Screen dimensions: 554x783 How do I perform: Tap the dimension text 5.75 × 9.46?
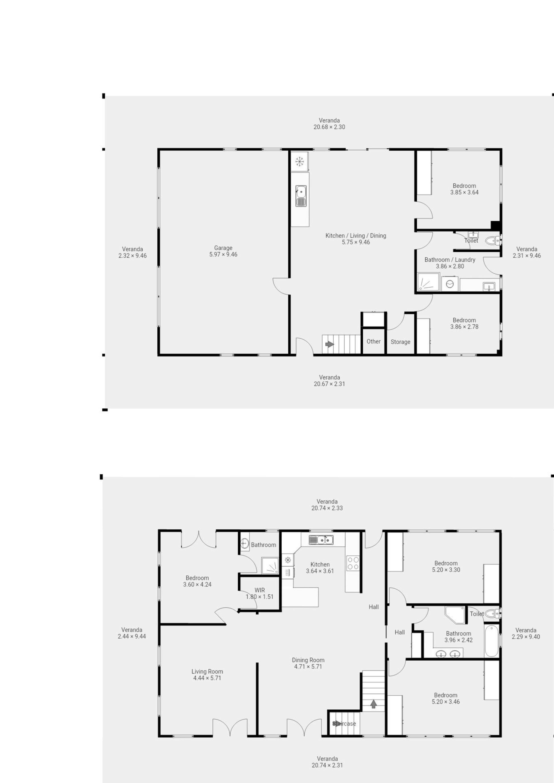[x=356, y=242]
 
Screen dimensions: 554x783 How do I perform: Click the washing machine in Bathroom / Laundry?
[x=449, y=283]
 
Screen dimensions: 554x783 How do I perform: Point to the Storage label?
[x=401, y=342]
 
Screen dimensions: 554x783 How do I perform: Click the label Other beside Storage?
[x=374, y=341]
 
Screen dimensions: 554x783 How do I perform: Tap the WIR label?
[x=260, y=590]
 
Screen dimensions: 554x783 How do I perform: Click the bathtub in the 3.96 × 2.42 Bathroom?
[x=491, y=641]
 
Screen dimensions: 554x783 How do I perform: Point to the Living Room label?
[x=207, y=671]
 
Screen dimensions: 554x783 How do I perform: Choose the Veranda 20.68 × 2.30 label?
[x=329, y=123]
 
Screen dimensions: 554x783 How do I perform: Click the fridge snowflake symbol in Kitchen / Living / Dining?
[x=299, y=161]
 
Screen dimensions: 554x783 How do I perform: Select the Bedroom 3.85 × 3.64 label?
[x=464, y=189]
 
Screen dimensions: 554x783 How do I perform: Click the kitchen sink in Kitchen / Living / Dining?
[x=301, y=196]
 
